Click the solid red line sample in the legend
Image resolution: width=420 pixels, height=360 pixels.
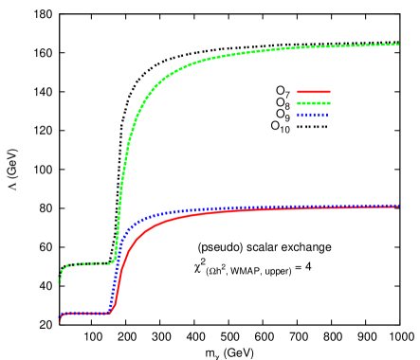[x=314, y=92]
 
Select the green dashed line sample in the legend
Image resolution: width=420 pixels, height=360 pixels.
[x=314, y=102]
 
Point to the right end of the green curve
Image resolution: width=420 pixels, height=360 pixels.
[x=398, y=44]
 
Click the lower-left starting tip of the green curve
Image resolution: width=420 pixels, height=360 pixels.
[x=59, y=281]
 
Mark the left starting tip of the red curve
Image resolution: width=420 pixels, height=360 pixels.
[x=59, y=319]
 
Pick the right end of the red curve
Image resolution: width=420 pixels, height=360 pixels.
[x=398, y=206]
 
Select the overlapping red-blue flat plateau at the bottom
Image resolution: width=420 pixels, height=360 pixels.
[x=85, y=313]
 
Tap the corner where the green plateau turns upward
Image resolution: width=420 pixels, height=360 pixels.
[x=113, y=260]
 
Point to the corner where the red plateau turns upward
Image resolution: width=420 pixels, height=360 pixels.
[x=111, y=310]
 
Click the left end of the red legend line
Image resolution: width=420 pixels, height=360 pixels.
[x=299, y=92]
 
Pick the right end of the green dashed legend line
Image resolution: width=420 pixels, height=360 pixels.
[x=330, y=102]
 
